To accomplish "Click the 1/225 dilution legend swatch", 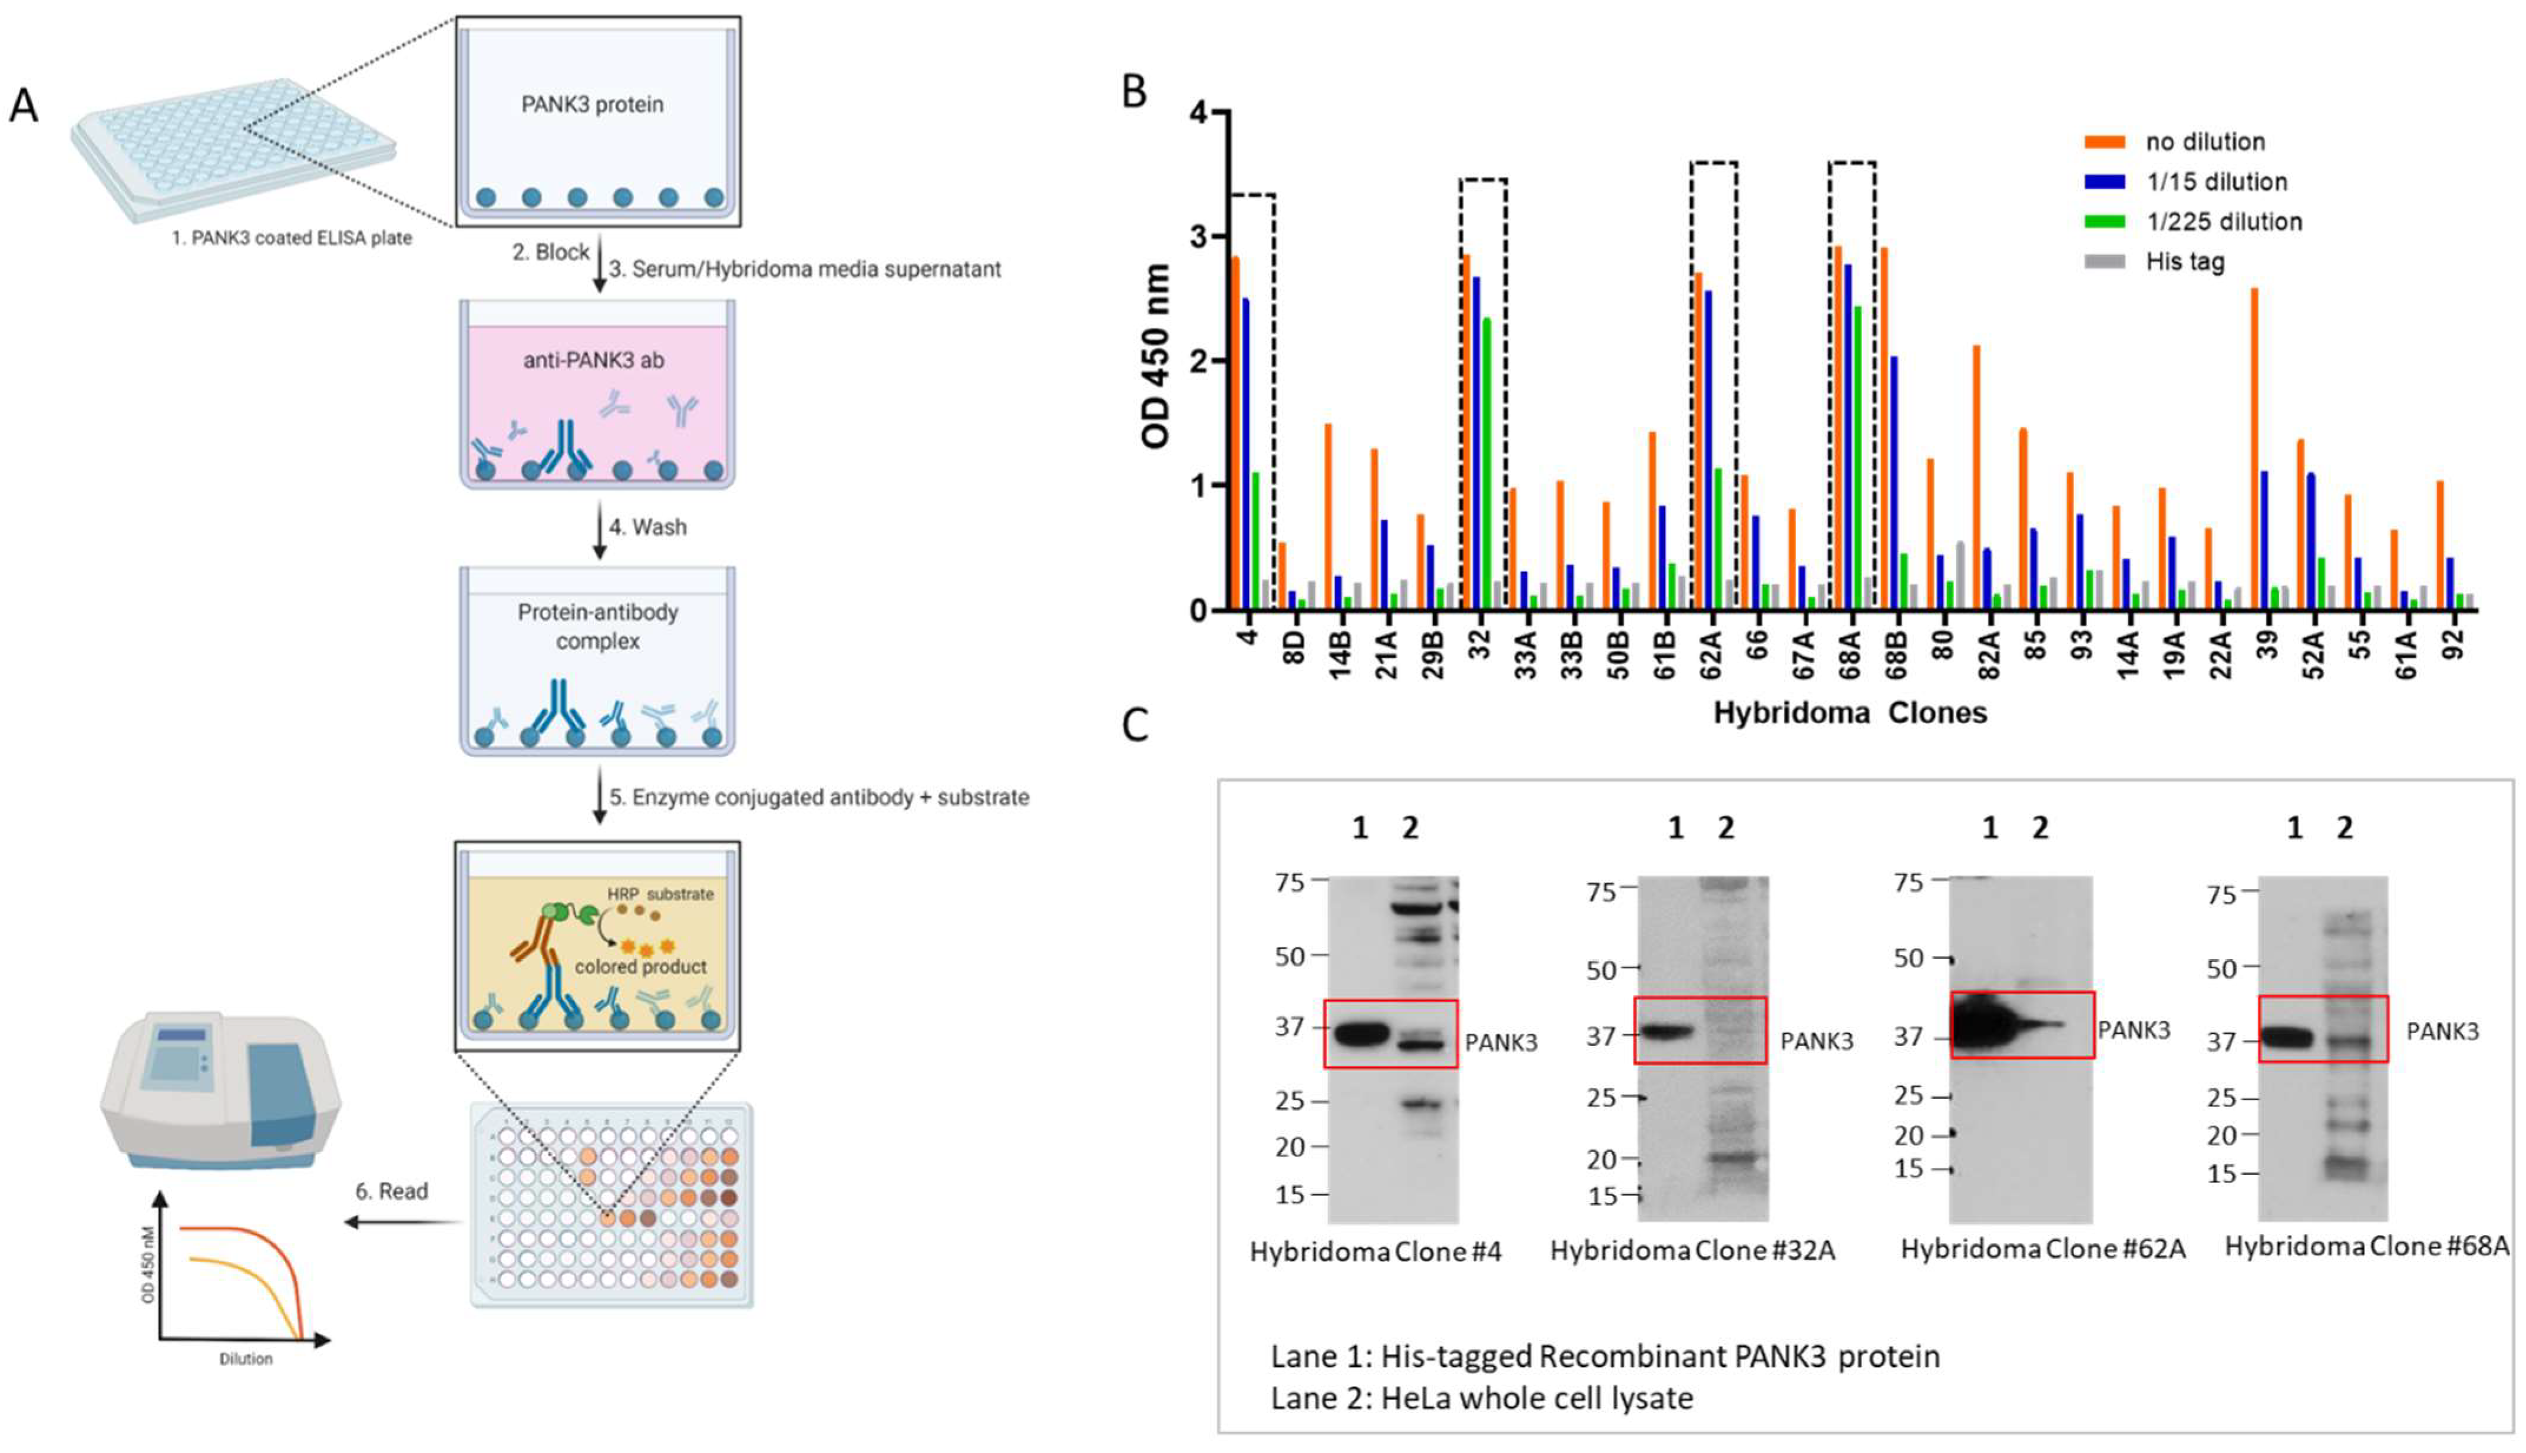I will click(x=2104, y=222).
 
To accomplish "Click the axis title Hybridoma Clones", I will click(x=1850, y=712).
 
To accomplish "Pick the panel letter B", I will click(x=1135, y=92).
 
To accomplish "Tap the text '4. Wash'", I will click(x=647, y=527).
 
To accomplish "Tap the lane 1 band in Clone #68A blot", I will click(x=2287, y=1038).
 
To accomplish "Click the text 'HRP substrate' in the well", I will click(x=660, y=894).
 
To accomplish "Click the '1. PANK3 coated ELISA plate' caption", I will click(x=292, y=239).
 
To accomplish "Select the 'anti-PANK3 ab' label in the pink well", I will click(x=594, y=360).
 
